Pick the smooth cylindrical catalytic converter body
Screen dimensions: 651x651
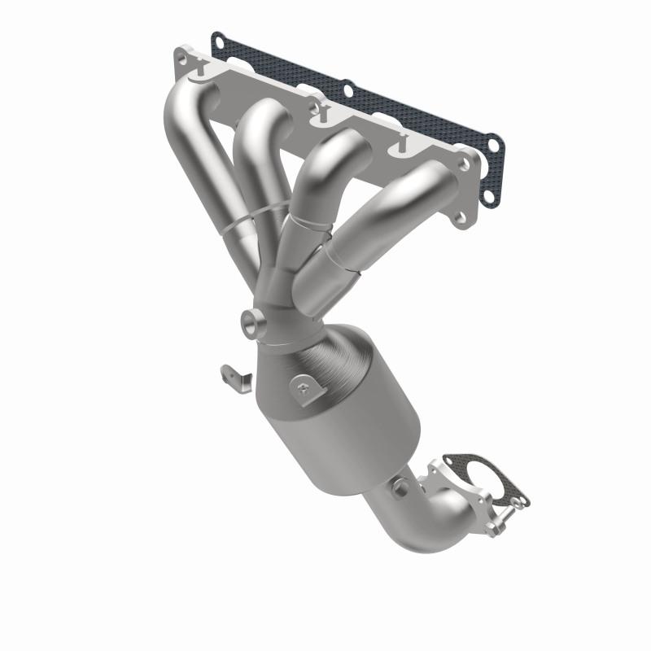[342, 423]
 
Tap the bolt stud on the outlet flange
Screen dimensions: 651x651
[511, 511]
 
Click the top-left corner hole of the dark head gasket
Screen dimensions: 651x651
[217, 37]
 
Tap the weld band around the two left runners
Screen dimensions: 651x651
[244, 218]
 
